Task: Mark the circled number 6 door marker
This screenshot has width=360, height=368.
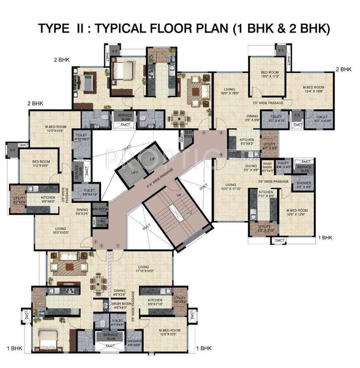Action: (221, 154)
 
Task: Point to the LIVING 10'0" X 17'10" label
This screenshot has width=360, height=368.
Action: (232, 187)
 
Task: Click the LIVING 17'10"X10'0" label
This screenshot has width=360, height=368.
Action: (142, 269)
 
